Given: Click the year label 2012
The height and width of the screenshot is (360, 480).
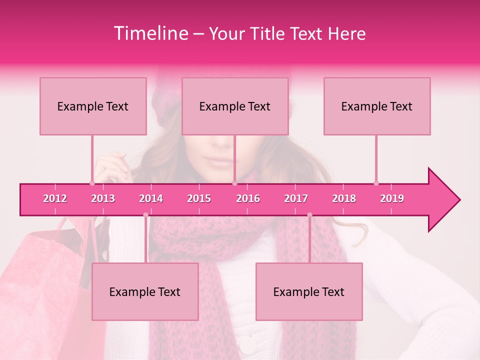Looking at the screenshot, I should pyautogui.click(x=55, y=198).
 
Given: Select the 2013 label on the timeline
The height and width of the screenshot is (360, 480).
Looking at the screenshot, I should pyautogui.click(x=103, y=198).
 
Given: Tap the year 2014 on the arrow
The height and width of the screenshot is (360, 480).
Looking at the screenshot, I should pyautogui.click(x=151, y=198).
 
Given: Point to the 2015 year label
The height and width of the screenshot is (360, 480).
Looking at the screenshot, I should pyautogui.click(x=199, y=198).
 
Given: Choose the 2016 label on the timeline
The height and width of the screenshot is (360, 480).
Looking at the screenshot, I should pyautogui.click(x=248, y=198).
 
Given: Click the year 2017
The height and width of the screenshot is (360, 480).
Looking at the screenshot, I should pyautogui.click(x=296, y=198).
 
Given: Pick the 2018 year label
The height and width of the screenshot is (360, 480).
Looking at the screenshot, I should pyautogui.click(x=344, y=198).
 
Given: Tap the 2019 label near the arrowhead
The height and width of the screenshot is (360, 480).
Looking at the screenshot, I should pyautogui.click(x=392, y=198).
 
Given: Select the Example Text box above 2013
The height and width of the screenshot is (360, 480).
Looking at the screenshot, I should pyautogui.click(x=93, y=106).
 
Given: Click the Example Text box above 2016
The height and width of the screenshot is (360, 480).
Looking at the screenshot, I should pyautogui.click(x=235, y=106).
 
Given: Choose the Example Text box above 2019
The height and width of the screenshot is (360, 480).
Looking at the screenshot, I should pyautogui.click(x=377, y=106).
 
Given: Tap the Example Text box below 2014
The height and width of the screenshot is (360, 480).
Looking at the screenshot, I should pyautogui.click(x=145, y=291).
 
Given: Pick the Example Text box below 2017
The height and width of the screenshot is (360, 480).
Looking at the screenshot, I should pyautogui.click(x=309, y=291).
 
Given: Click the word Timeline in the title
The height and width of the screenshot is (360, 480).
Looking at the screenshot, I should pyautogui.click(x=150, y=33).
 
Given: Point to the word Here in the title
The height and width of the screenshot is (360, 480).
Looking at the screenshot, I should pyautogui.click(x=346, y=33).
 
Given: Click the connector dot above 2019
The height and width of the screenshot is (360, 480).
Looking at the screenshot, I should pyautogui.click(x=376, y=183).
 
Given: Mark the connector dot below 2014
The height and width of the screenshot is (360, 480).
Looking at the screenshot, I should pyautogui.click(x=145, y=215).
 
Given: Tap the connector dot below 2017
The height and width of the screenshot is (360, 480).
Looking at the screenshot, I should pyautogui.click(x=309, y=215).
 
